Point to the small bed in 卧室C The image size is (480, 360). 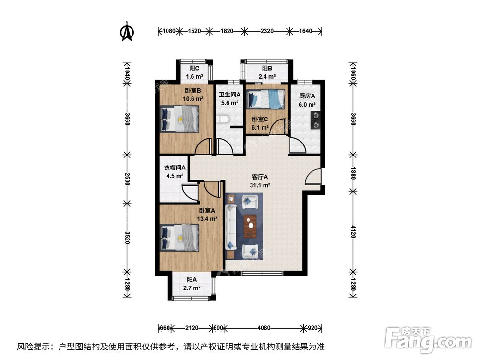[265, 99]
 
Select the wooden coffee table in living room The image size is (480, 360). [250, 226]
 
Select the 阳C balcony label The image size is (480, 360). [194, 68]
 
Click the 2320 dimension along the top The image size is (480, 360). [267, 31]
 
